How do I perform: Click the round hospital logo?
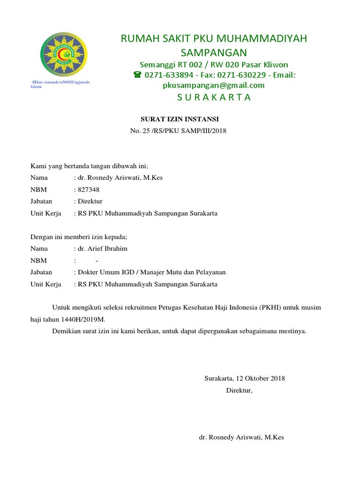click(x=64, y=54)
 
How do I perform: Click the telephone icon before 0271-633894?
click(x=137, y=75)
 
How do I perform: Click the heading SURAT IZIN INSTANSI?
click(x=180, y=120)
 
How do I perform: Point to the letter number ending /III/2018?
click(x=178, y=131)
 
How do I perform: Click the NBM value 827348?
click(x=88, y=189)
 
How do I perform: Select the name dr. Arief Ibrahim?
click(x=102, y=248)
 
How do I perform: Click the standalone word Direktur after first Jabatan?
click(x=90, y=201)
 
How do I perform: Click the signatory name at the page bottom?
click(x=241, y=437)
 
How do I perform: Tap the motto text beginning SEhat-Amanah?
click(x=60, y=84)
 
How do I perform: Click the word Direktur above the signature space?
click(x=239, y=390)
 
